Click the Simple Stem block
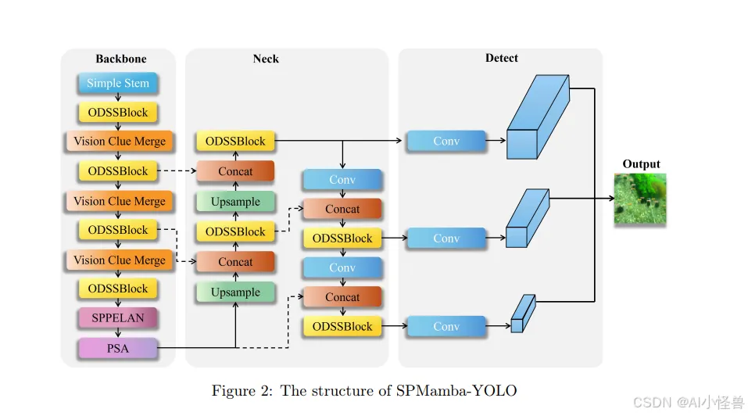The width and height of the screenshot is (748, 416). click(x=118, y=83)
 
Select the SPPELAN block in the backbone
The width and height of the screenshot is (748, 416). click(x=118, y=318)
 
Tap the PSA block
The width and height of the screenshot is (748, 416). click(x=118, y=348)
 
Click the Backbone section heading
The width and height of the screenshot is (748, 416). click(x=120, y=59)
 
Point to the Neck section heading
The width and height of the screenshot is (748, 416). click(x=266, y=59)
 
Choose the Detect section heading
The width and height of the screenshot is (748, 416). click(x=501, y=58)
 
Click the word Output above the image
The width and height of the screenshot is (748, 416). click(x=641, y=164)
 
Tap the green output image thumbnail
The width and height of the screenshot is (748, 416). click(x=640, y=199)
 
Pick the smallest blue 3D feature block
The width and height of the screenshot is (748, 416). click(x=522, y=314)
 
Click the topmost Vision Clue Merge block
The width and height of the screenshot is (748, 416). click(x=120, y=142)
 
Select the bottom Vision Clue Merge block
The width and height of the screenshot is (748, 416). click(x=120, y=260)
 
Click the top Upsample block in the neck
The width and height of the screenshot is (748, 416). click(x=235, y=202)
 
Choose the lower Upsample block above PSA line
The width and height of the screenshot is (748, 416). click(x=235, y=292)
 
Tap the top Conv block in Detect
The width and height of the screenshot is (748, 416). click(x=446, y=142)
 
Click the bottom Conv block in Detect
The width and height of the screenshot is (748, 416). click(x=446, y=326)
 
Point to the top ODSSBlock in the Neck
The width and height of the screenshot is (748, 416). click(x=235, y=142)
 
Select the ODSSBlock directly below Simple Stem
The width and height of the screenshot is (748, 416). click(x=118, y=112)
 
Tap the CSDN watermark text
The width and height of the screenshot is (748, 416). click(x=688, y=403)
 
